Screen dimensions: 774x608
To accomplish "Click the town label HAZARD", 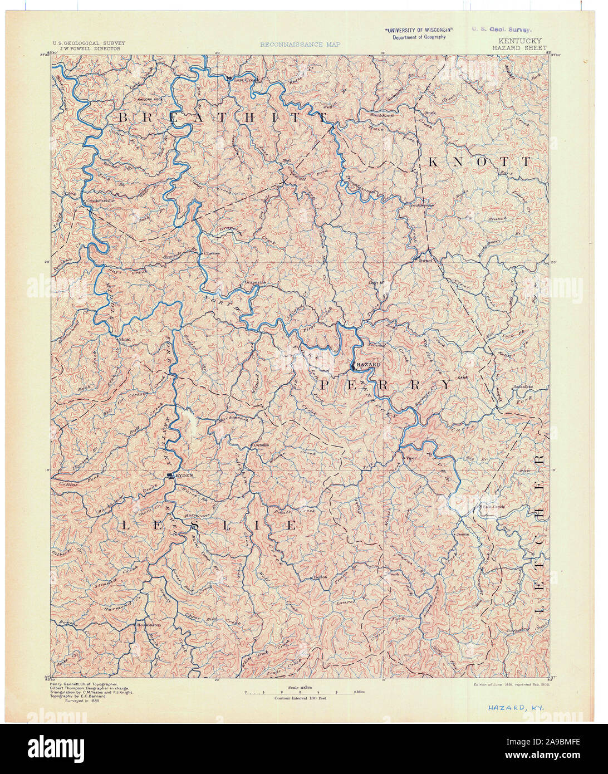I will [x=368, y=364].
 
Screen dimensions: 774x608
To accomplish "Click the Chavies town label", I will [x=212, y=253].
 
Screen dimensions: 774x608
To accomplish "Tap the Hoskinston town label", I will [x=149, y=625].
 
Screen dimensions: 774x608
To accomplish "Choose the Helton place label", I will [x=320, y=577].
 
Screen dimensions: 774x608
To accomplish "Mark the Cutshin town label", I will [x=261, y=444].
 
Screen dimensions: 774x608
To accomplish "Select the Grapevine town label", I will [x=256, y=282].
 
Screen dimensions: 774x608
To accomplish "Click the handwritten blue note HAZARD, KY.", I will [x=516, y=708].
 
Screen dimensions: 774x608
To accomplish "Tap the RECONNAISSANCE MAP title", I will [x=300, y=44].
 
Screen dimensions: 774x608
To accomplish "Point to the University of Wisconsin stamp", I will [x=419, y=33].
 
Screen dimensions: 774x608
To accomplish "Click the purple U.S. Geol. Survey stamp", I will [x=501, y=30].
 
